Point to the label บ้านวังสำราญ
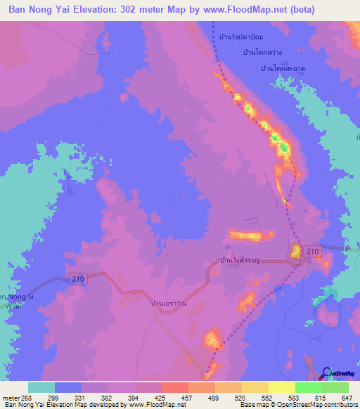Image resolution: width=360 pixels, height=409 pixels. click(x=240, y=261)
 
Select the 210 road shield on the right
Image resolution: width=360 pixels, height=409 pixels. click(x=313, y=252)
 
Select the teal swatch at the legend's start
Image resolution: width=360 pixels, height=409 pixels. click(x=41, y=387)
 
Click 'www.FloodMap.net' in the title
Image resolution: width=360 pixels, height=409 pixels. click(x=238, y=10)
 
